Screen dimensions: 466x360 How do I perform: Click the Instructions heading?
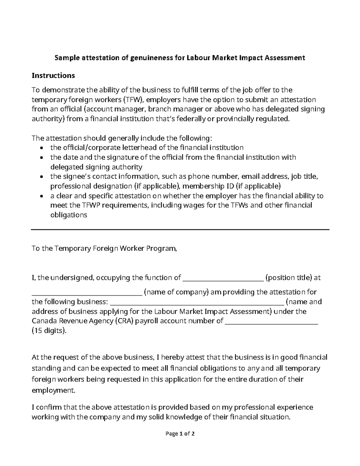tap(53, 75)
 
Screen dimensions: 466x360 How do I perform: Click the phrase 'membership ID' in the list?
tap(208, 186)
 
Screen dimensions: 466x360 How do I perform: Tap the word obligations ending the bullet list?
tap(69, 215)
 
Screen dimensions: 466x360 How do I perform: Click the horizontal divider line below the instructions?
tap(180, 230)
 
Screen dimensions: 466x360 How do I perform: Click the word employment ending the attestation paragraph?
tap(52, 390)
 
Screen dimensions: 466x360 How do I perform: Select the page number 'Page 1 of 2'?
tap(180, 434)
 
